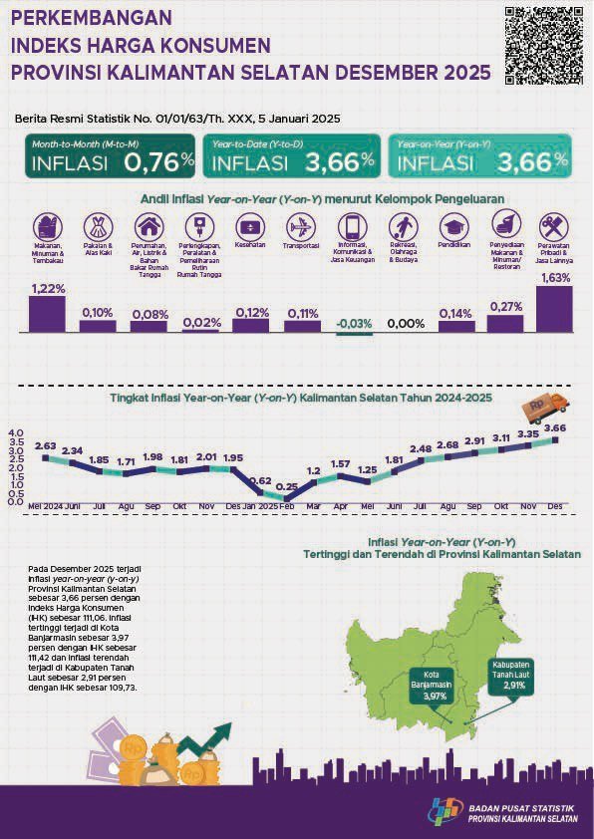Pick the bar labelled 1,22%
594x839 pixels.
tap(47, 314)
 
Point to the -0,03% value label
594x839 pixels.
tap(353, 323)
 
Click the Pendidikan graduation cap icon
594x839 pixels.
tap(455, 226)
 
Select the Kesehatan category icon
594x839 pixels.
tap(250, 226)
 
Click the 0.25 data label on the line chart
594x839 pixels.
tap(288, 486)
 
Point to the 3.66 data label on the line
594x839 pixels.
tap(555, 427)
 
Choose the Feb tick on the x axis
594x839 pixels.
tap(287, 506)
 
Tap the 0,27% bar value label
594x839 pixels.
tap(506, 306)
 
